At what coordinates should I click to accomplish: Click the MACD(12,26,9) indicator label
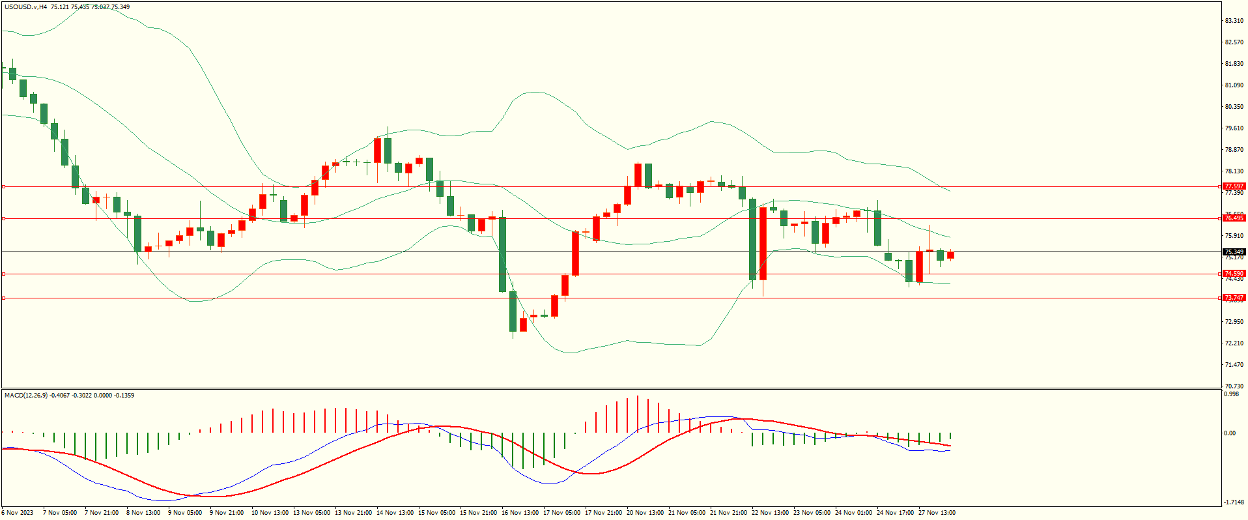click(x=26, y=396)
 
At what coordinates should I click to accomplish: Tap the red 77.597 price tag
click(x=1234, y=186)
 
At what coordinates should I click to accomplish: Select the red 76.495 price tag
click(x=1234, y=218)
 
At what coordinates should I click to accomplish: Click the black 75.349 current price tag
click(x=1234, y=252)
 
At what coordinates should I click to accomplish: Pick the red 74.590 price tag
click(x=1234, y=274)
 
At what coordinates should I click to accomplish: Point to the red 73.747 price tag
click(x=1234, y=298)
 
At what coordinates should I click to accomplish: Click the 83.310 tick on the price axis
click(x=1234, y=21)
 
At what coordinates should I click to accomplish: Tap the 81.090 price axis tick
click(x=1234, y=85)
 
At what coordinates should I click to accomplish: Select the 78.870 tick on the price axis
click(x=1234, y=150)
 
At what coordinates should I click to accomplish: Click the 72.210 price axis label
click(x=1234, y=343)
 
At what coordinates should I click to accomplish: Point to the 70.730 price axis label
click(x=1234, y=386)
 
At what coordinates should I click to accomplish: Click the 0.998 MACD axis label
click(x=1231, y=394)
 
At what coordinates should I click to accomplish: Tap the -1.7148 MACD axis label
click(x=1234, y=502)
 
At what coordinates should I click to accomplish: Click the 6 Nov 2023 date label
click(x=18, y=513)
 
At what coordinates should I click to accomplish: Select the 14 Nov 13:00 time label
click(x=395, y=513)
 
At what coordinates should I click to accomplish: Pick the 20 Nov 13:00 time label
click(x=645, y=513)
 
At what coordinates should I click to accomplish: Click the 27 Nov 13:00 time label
click(x=937, y=513)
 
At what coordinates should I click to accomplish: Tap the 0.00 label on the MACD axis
click(x=1229, y=433)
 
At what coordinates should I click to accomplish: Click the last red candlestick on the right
click(x=950, y=255)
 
